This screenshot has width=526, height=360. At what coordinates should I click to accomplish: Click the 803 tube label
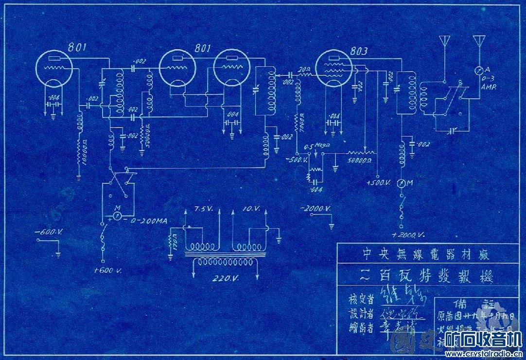(x=358, y=51)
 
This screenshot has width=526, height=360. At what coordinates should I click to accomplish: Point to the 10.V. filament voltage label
(x=251, y=209)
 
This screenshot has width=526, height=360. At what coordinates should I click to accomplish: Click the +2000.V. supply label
(x=410, y=234)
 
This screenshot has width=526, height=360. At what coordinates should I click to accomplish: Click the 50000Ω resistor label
(x=360, y=159)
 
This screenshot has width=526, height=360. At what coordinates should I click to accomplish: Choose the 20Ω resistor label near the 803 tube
(x=305, y=69)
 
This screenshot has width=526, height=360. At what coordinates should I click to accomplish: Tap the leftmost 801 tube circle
(x=54, y=70)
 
